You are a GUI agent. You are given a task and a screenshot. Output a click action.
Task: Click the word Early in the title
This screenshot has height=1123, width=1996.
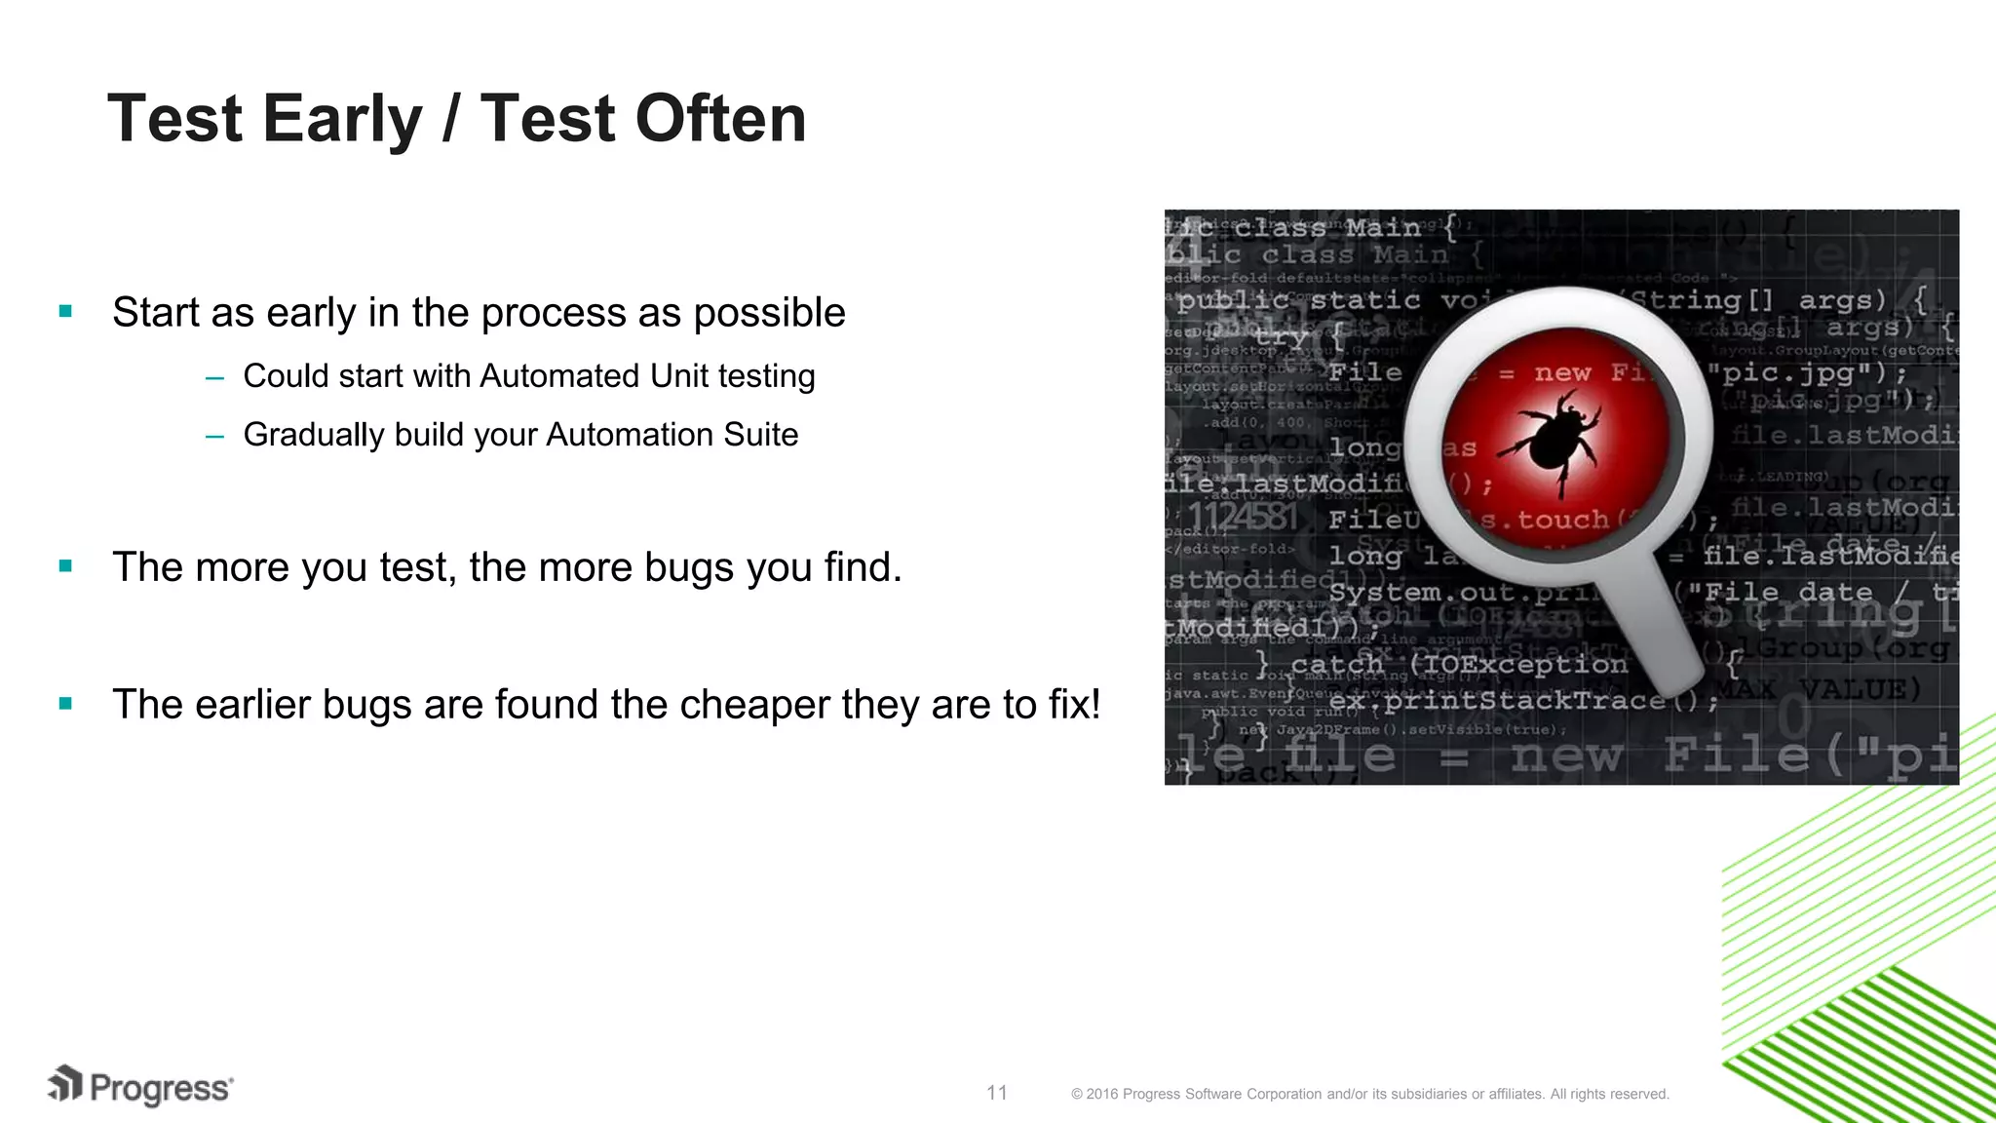342,119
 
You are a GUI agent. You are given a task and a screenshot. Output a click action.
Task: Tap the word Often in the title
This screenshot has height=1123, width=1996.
720,119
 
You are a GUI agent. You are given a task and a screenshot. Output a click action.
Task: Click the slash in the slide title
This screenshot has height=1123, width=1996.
450,119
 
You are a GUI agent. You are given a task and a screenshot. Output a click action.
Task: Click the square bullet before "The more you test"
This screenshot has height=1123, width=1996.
65,566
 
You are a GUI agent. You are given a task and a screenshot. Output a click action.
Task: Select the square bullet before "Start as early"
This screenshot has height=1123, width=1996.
65,312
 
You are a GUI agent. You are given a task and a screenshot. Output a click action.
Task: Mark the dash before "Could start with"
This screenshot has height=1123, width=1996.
215,377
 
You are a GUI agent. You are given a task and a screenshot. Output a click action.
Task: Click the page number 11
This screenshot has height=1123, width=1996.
996,1093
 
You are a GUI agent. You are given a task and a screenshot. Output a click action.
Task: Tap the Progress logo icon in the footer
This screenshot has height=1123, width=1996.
65,1084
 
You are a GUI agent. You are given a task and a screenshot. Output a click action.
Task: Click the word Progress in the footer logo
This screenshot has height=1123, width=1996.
161,1088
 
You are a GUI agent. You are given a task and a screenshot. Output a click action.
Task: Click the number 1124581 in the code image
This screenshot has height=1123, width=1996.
1242,516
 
